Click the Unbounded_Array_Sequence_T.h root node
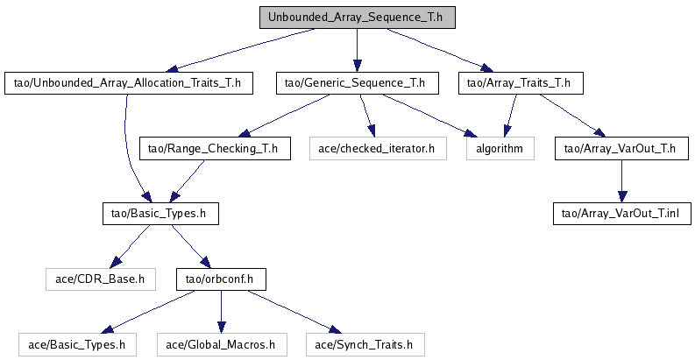[x=356, y=17]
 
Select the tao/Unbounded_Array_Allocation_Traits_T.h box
[x=128, y=83]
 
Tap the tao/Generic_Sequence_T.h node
[x=355, y=83]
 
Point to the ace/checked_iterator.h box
[x=377, y=148]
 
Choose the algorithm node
[x=500, y=148]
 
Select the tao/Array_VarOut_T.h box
[x=621, y=148]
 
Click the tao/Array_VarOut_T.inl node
[x=621, y=213]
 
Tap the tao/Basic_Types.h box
[x=157, y=213]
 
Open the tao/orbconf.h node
[x=220, y=279]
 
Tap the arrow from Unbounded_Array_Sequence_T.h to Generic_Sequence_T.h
[x=356, y=50]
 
